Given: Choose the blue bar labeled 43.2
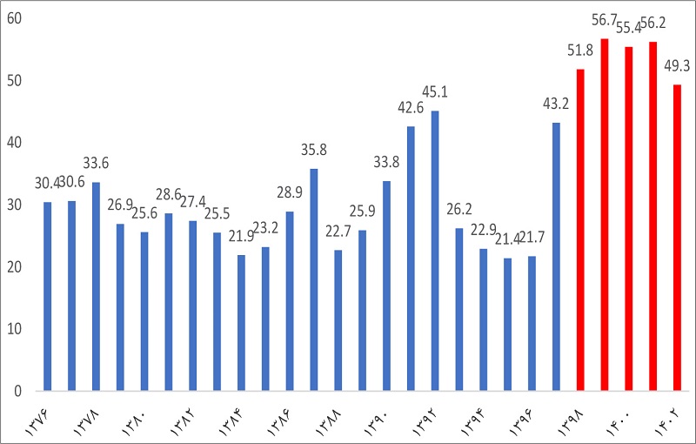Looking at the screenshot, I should (556, 257).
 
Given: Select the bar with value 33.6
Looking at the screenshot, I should (96, 286).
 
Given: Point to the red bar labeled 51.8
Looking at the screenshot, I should (580, 230).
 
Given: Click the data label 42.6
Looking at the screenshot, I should (410, 108).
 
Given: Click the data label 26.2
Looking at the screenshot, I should (458, 210).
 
